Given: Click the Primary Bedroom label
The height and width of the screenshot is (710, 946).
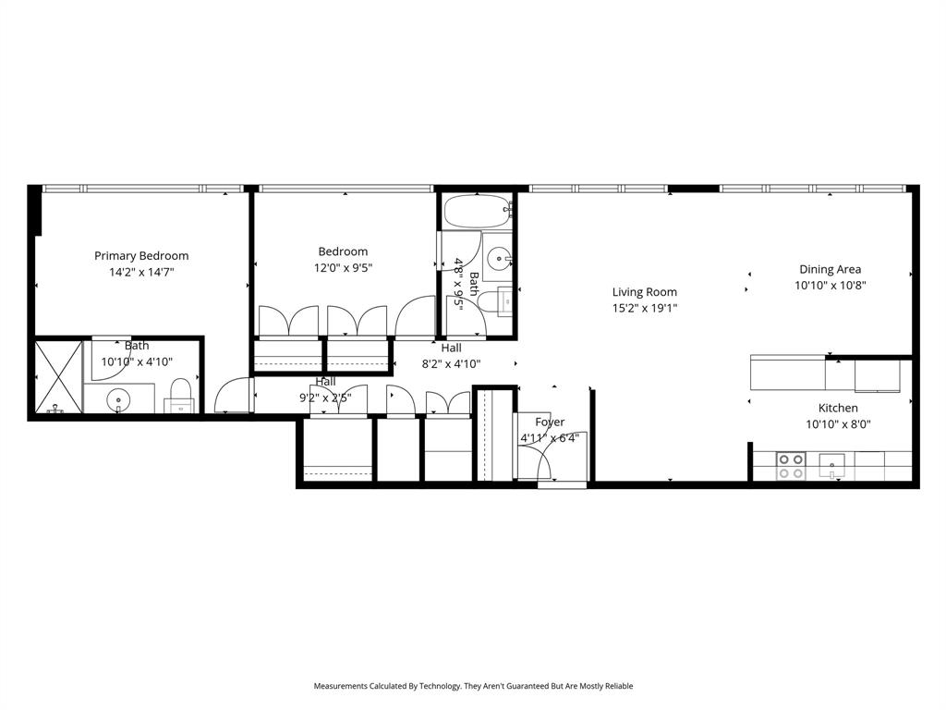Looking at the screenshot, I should click(141, 256).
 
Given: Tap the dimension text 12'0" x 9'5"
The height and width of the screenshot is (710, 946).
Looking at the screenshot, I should click(343, 268).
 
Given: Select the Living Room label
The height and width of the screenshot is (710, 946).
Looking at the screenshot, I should click(644, 292).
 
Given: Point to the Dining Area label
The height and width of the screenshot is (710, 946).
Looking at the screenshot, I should click(830, 269).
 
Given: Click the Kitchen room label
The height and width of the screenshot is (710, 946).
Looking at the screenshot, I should click(838, 408).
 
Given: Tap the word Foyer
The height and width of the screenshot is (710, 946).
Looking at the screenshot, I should click(550, 422).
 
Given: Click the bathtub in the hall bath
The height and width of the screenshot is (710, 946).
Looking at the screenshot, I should click(478, 212).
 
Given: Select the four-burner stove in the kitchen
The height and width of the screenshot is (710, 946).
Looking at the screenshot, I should click(789, 465).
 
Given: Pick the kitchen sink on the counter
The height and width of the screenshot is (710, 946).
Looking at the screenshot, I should click(832, 465).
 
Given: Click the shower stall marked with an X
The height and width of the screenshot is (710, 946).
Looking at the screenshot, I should click(57, 377).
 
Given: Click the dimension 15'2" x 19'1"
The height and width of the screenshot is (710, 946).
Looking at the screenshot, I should click(644, 309).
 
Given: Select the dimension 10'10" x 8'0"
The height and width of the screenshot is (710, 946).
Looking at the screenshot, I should click(838, 424).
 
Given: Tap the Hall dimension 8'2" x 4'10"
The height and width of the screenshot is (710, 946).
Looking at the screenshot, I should click(451, 364).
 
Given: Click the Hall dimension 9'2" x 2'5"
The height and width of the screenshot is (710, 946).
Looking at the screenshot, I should click(325, 398).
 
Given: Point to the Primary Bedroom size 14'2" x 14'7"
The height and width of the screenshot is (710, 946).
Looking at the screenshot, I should click(141, 273).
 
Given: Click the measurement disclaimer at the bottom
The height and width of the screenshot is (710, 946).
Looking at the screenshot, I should click(473, 686).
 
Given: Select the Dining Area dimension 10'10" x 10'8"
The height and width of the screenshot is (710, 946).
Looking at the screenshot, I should click(830, 286).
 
